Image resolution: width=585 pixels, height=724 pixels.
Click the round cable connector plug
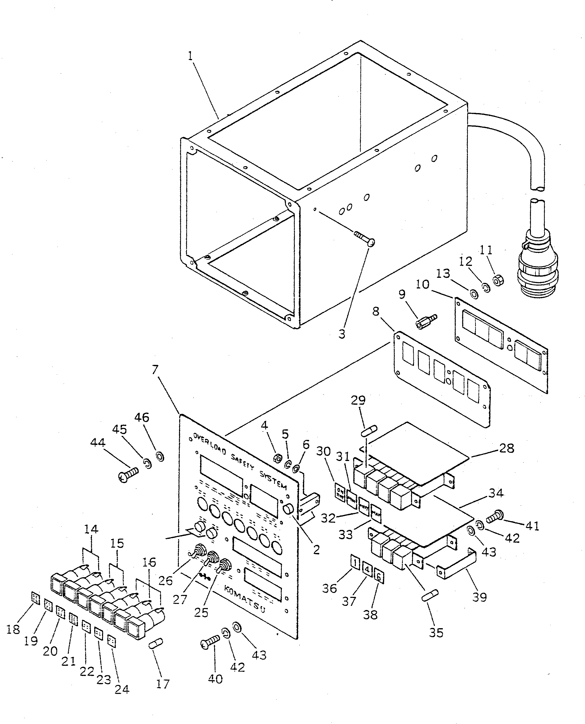click(x=538, y=273)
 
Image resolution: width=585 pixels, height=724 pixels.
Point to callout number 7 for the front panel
click(x=155, y=370)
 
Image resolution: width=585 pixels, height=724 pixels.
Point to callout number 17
click(x=162, y=684)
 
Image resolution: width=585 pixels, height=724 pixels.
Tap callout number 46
click(x=142, y=417)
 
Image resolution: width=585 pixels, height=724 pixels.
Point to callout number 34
click(x=496, y=493)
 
